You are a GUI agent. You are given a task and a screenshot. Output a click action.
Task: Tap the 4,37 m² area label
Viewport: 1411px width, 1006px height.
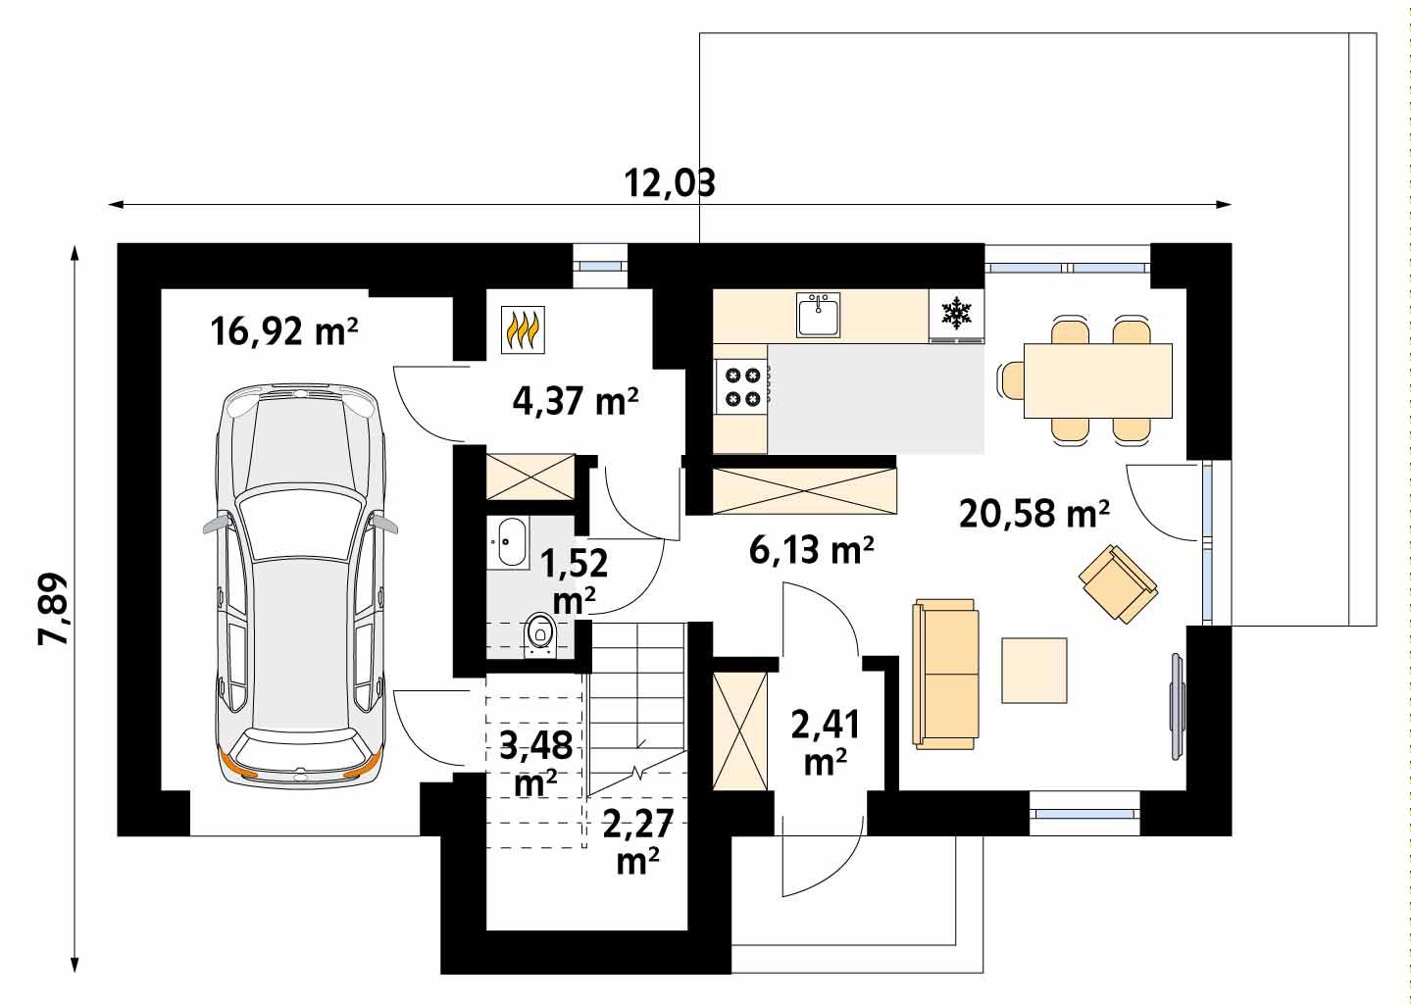(x=576, y=401)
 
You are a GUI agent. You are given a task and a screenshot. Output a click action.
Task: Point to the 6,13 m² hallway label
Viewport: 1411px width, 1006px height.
(x=811, y=552)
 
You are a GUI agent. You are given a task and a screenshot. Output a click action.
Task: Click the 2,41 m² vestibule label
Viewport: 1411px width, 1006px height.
(x=825, y=742)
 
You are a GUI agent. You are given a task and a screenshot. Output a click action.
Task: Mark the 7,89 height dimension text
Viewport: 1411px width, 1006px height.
(x=54, y=608)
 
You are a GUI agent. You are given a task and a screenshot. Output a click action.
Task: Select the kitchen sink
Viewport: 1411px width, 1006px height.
(x=818, y=316)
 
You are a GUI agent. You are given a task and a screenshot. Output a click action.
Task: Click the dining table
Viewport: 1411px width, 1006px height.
(x=1097, y=379)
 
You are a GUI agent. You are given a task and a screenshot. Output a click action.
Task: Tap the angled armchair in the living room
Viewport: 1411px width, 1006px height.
(x=1118, y=583)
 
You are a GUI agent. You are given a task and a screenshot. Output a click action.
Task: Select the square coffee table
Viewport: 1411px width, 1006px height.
(x=1034, y=671)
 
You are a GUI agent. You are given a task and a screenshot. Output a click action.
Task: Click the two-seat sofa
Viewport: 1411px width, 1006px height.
(x=946, y=674)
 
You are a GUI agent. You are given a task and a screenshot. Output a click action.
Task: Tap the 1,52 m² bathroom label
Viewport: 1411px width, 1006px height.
(x=574, y=578)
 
